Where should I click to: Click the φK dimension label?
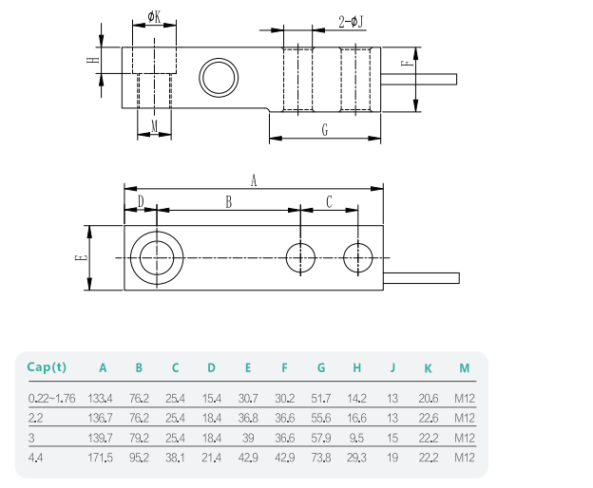pos(155,18)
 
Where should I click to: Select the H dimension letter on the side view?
pos(92,61)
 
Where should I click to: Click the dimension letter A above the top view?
pos(254,179)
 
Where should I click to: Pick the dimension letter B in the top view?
pos(228,202)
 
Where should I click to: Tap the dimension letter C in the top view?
pos(329,202)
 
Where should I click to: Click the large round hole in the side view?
pos(218,75)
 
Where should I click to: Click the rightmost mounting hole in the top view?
pos(358,257)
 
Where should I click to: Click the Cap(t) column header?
pos(47,367)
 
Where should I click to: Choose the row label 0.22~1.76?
pos(51,398)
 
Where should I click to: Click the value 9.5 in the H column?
pos(356,438)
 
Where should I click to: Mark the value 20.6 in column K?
pos(428,398)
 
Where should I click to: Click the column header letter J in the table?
pos(392,368)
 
